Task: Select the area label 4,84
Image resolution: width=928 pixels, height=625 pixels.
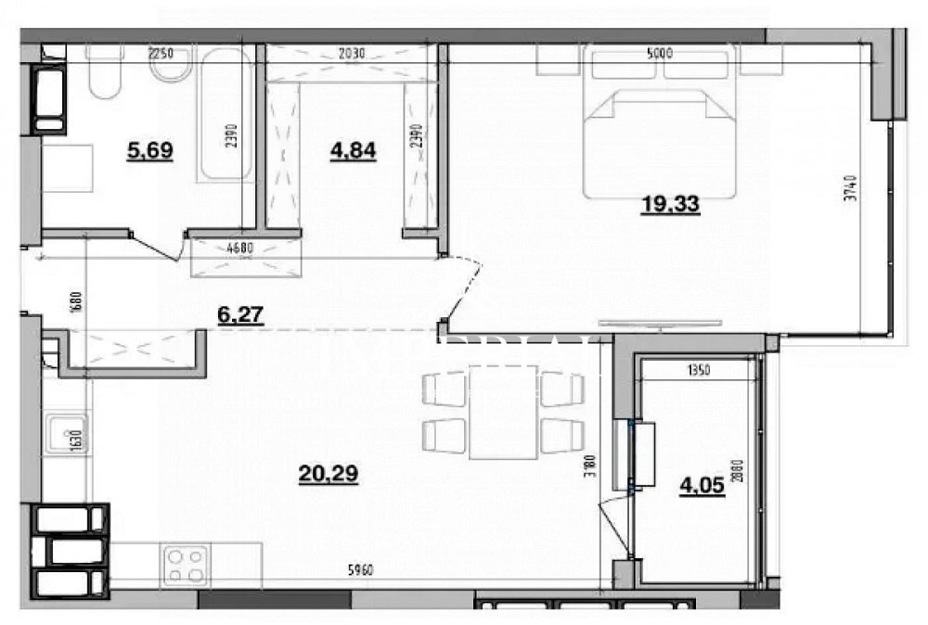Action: point(353,149)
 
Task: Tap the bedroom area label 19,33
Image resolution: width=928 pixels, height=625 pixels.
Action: point(670,205)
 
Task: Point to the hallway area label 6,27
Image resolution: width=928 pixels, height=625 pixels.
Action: point(240,315)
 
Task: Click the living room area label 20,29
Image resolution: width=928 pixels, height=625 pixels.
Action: point(329,474)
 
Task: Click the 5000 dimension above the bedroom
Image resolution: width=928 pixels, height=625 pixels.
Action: point(660,54)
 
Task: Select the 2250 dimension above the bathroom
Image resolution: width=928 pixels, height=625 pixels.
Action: point(161,54)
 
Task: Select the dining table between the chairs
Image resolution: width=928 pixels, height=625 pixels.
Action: point(503,412)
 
